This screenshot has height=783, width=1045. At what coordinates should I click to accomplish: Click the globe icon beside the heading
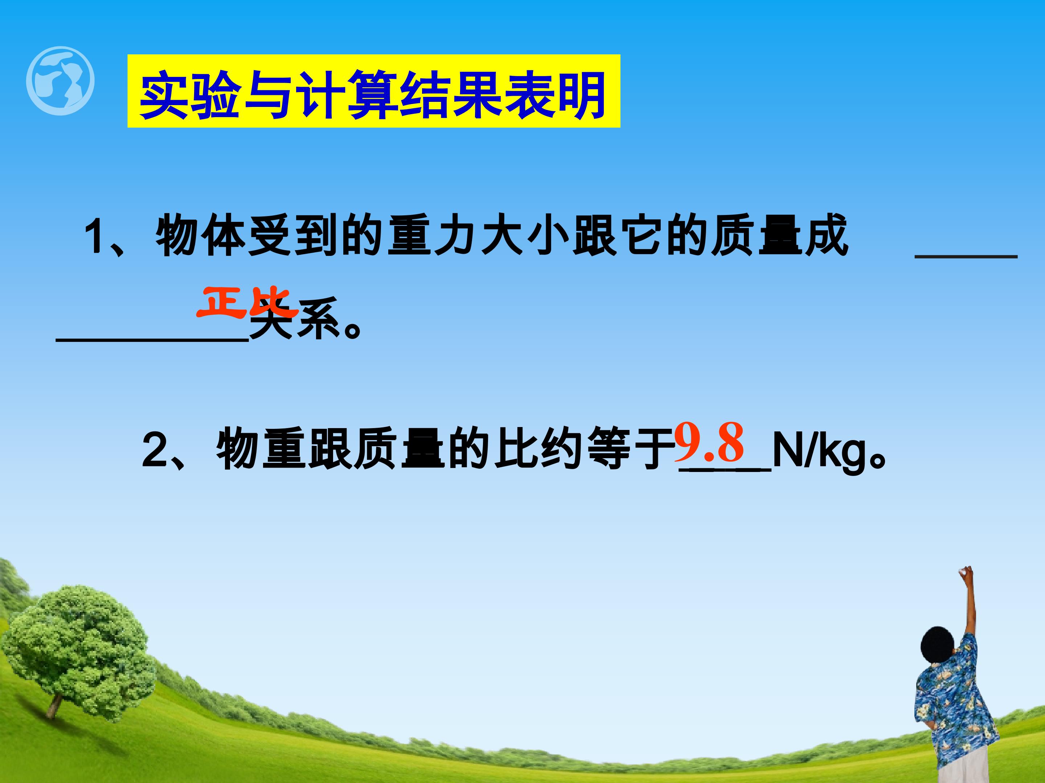point(61,81)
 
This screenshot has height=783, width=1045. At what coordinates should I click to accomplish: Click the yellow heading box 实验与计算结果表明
point(373,91)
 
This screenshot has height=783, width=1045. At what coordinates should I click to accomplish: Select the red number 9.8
point(709,443)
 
